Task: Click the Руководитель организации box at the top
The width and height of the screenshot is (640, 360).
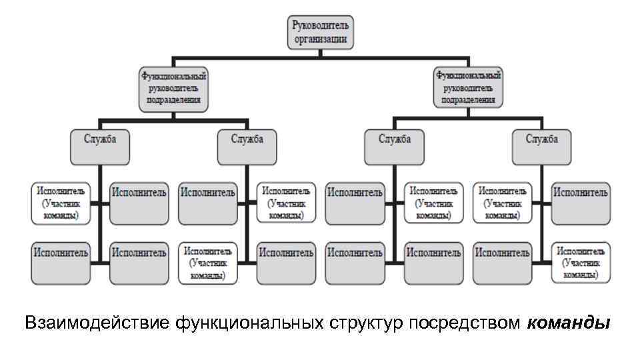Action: point(321,32)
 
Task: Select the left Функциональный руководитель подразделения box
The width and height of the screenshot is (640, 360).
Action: point(173,89)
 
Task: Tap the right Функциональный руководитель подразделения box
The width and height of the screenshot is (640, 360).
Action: point(468,87)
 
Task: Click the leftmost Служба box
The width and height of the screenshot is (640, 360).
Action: point(99,147)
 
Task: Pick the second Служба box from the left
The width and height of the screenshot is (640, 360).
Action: point(247,147)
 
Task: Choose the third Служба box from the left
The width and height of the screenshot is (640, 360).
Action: point(394,147)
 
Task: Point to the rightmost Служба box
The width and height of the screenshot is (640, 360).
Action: point(541,147)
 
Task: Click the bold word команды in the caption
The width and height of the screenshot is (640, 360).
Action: point(568,324)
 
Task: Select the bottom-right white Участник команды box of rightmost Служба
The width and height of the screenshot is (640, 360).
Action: point(581,263)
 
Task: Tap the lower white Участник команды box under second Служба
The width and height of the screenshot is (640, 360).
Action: point(208,263)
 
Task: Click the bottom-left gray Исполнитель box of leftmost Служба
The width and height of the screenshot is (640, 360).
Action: point(60,263)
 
